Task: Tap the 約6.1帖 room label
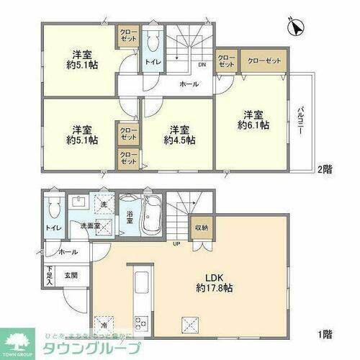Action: click(256, 120)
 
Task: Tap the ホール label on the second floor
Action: click(189, 84)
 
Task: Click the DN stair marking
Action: click(203, 64)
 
